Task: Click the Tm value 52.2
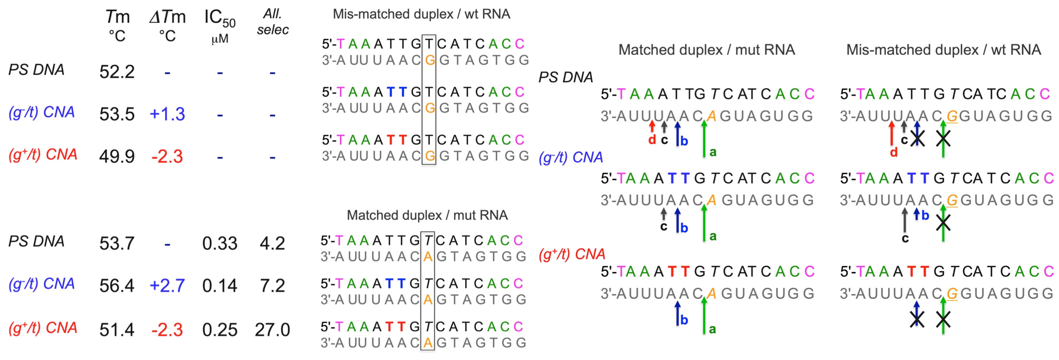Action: [117, 72]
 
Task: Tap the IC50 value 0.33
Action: [220, 243]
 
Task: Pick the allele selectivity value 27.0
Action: [272, 330]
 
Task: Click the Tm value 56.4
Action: [117, 286]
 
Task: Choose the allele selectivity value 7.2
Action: [272, 286]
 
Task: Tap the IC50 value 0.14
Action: [220, 286]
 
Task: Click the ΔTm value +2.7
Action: [167, 286]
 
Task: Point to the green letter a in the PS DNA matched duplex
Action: [713, 152]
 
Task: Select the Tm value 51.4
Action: [117, 330]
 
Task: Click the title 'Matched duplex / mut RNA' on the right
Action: [706, 50]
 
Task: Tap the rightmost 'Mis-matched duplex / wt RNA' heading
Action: [943, 50]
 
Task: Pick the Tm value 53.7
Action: [117, 243]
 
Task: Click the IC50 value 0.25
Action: [220, 330]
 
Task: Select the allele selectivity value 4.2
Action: [272, 243]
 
